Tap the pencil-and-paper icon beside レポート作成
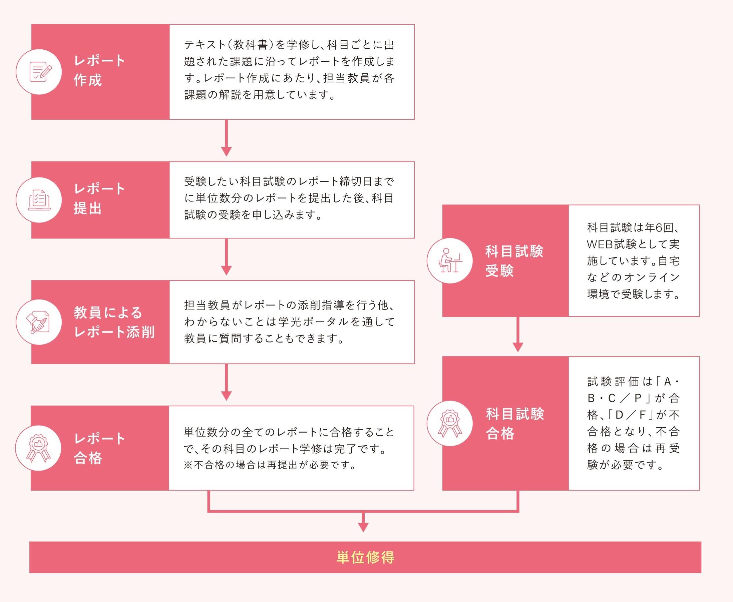coord(39,72)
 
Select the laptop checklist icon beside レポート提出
coord(39,200)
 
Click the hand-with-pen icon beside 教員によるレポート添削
coord(39,322)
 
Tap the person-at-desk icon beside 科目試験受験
coord(450,261)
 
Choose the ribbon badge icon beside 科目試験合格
coord(450,424)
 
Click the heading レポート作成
coord(99,70)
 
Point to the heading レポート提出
coord(99,199)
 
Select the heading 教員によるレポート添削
coord(114,322)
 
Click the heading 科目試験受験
coord(514,261)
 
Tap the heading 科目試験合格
coord(515,424)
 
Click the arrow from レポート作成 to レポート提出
coord(226,139)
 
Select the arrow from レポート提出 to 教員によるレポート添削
coord(226,257)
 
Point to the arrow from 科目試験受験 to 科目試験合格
coord(517,335)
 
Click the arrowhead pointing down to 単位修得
coord(363,527)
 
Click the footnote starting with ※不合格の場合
coord(270,465)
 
